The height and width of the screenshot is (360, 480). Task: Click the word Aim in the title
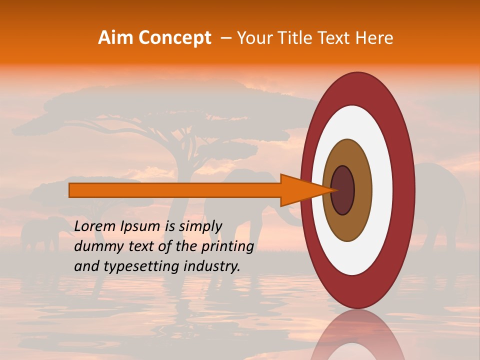(x=115, y=38)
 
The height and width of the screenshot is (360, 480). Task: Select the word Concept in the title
(x=174, y=38)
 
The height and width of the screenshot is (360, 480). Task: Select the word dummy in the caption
(x=95, y=246)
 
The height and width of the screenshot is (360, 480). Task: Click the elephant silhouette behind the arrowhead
(x=250, y=210)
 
